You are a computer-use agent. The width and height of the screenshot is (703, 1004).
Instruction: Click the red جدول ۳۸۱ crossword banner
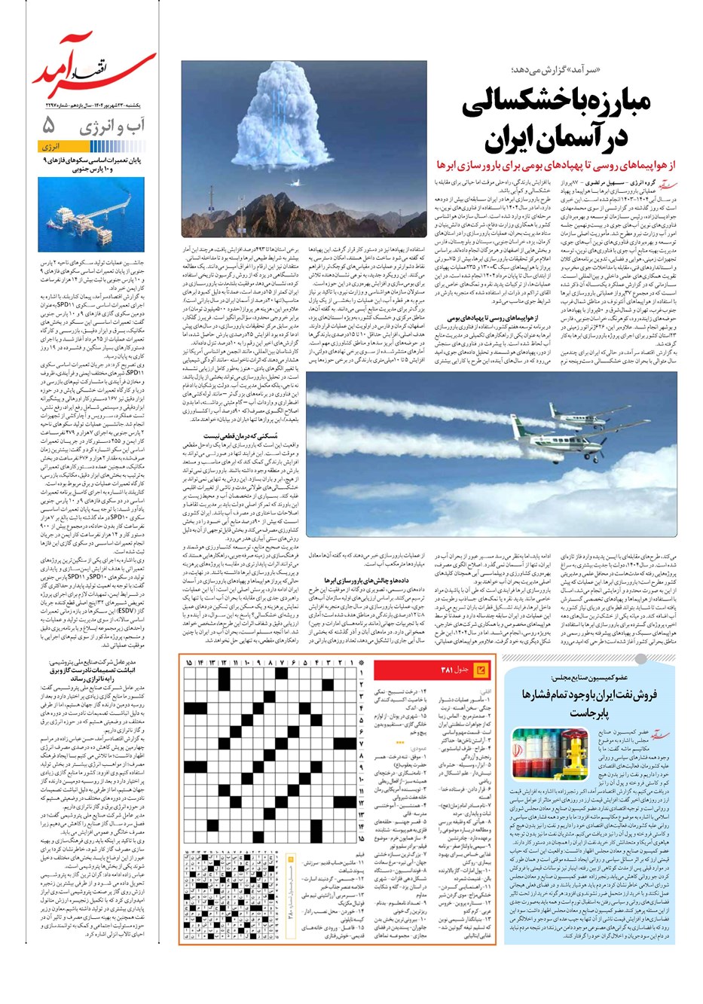tap(460, 669)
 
